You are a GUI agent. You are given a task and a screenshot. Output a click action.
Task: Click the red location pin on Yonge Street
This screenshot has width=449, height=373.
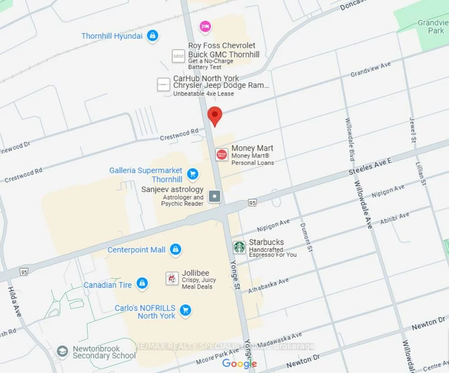click(x=215, y=116)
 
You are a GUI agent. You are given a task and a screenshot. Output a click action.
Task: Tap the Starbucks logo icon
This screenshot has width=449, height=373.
click(x=239, y=247)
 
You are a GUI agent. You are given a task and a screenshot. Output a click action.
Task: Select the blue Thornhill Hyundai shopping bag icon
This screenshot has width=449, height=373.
click(x=153, y=36)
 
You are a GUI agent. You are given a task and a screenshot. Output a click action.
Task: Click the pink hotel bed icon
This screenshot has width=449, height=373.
click(x=205, y=26)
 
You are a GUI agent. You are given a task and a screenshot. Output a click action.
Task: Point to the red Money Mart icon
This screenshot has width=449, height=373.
click(x=221, y=155)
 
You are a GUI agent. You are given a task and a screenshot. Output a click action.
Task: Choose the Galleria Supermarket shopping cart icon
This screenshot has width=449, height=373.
click(x=193, y=173)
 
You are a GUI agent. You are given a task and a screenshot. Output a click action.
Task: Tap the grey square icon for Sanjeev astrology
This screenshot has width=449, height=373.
click(x=215, y=196)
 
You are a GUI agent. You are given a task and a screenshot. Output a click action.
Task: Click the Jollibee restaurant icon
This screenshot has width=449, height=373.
click(x=172, y=278)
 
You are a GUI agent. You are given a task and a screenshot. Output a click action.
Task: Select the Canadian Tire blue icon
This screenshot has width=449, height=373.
click(x=142, y=283)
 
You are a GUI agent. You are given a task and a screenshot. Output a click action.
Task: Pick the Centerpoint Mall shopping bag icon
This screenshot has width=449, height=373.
click(x=175, y=249)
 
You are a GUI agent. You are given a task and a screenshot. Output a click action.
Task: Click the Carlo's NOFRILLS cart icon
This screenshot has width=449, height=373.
click(x=185, y=310)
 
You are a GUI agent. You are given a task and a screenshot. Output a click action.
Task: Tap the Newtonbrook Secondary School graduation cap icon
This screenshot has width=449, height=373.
click(x=63, y=351)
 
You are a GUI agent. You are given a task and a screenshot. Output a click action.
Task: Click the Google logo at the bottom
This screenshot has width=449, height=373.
click(x=239, y=364)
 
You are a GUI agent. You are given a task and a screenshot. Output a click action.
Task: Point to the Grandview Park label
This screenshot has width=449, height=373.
click(x=433, y=27)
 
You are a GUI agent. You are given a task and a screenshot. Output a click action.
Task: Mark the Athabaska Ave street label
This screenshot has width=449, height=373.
click(x=268, y=286)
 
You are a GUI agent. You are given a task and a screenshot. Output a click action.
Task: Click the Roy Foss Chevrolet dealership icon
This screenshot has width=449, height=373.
click(x=179, y=56)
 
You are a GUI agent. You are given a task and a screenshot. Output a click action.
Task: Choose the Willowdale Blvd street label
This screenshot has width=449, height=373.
click(x=350, y=139)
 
